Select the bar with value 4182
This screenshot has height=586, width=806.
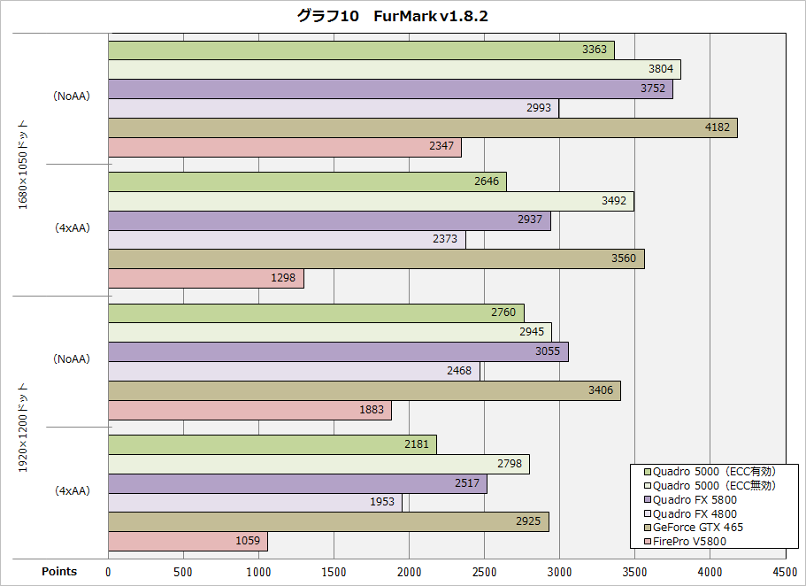pos(422,127)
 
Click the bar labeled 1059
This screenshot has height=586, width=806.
pos(188,541)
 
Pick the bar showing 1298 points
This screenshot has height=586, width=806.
pos(205,278)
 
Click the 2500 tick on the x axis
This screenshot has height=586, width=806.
pos(484,572)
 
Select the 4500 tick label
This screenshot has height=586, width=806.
pos(785,572)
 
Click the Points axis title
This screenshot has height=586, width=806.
pos(59,572)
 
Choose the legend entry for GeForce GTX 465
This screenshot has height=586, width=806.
pos(697,528)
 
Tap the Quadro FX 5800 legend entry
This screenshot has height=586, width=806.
pos(695,499)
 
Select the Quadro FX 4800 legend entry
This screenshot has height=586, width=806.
pos(695,513)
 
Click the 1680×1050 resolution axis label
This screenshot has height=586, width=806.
pos(24,165)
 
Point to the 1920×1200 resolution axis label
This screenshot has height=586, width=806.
pos(24,427)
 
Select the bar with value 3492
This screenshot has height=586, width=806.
pos(371,201)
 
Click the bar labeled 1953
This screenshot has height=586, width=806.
pos(255,502)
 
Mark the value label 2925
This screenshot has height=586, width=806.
pos(528,521)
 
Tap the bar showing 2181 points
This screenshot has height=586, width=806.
pos(272,443)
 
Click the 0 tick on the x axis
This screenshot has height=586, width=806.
pos(108,572)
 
